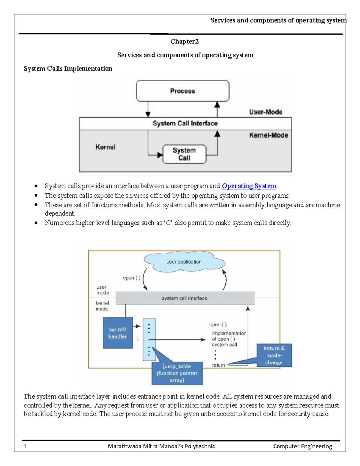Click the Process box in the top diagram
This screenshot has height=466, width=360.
pos(182,91)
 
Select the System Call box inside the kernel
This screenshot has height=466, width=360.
pos(184,154)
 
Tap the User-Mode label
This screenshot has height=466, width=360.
pos(265,112)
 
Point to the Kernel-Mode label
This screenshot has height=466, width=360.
pos(268,135)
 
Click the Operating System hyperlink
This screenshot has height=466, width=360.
pos(249,186)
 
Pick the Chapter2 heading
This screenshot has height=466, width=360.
pos(184,41)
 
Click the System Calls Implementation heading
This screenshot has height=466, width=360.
pos(68,69)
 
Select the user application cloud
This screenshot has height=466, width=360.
pos(184,262)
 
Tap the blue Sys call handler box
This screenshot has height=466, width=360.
pos(118,333)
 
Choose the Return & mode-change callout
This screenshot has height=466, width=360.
pos(274,356)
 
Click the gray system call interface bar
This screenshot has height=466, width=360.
pos(185,298)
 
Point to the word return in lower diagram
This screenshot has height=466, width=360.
pos(218,365)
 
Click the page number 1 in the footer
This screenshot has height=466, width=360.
pos(25,446)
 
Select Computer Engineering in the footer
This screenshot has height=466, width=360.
pos(302,446)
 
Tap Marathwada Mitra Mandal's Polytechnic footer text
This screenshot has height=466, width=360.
pos(161,446)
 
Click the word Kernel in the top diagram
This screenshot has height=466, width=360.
pos(105,147)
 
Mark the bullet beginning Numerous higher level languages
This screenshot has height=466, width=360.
pos(168,223)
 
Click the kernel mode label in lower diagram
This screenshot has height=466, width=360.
pos(102,306)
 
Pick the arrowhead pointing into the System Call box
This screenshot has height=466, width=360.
pos(160,155)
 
